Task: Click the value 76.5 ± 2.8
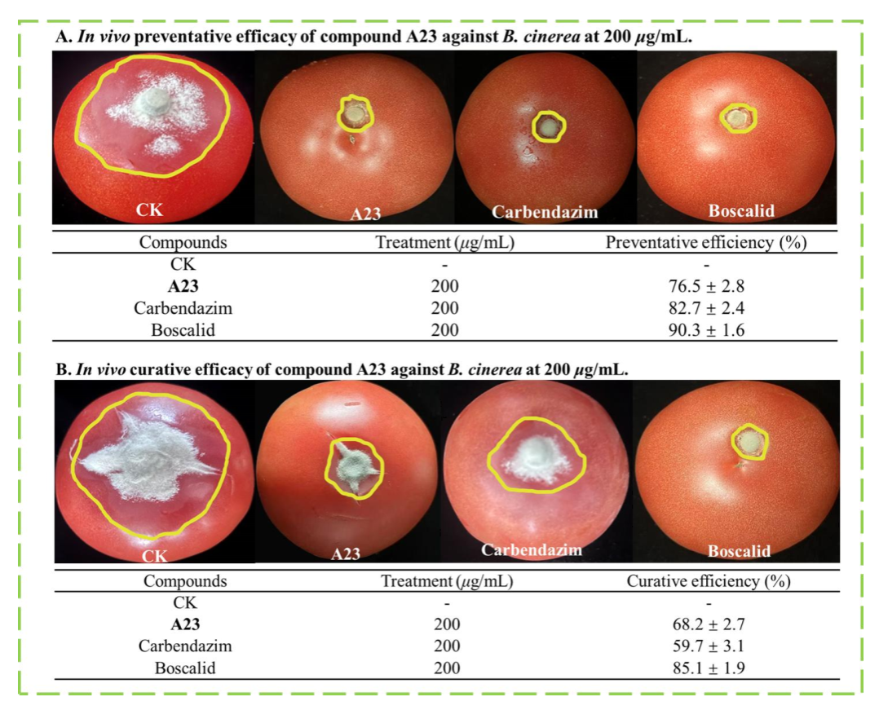tap(706, 287)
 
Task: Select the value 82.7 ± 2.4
tap(706, 309)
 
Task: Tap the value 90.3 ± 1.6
tap(706, 330)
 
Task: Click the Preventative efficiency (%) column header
tap(706, 243)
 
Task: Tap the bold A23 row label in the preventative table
tap(183, 287)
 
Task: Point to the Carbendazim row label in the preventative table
tap(183, 309)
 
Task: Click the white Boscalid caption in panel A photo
tap(740, 211)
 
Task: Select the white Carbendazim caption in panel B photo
tap(532, 549)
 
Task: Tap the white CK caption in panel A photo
tap(149, 211)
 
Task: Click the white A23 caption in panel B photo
tap(346, 554)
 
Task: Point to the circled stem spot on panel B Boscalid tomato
tap(749, 441)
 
